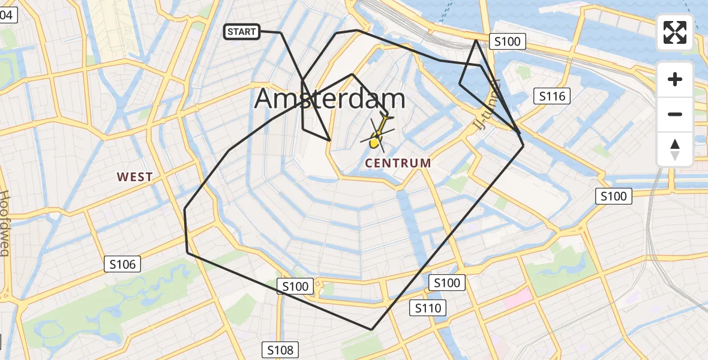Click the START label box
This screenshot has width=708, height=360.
[x=242, y=32]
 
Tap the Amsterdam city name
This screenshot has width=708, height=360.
[x=329, y=99]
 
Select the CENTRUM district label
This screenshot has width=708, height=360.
[x=398, y=163]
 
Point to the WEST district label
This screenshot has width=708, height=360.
[x=134, y=177]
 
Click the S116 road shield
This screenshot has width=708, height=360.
[x=552, y=96]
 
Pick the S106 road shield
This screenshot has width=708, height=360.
[x=122, y=263]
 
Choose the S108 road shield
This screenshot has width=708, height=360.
[x=280, y=350]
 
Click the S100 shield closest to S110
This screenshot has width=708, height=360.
[x=446, y=283]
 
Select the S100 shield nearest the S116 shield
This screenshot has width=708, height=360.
[x=508, y=41]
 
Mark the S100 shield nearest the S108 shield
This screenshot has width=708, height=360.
[x=295, y=286]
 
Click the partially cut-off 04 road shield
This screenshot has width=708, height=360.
[x=7, y=16]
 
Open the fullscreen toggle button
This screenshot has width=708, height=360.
[x=675, y=32]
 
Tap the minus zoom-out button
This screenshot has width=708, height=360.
[x=675, y=114]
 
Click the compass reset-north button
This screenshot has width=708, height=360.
[x=675, y=149]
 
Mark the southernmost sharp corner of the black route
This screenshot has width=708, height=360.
[x=372, y=329]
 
